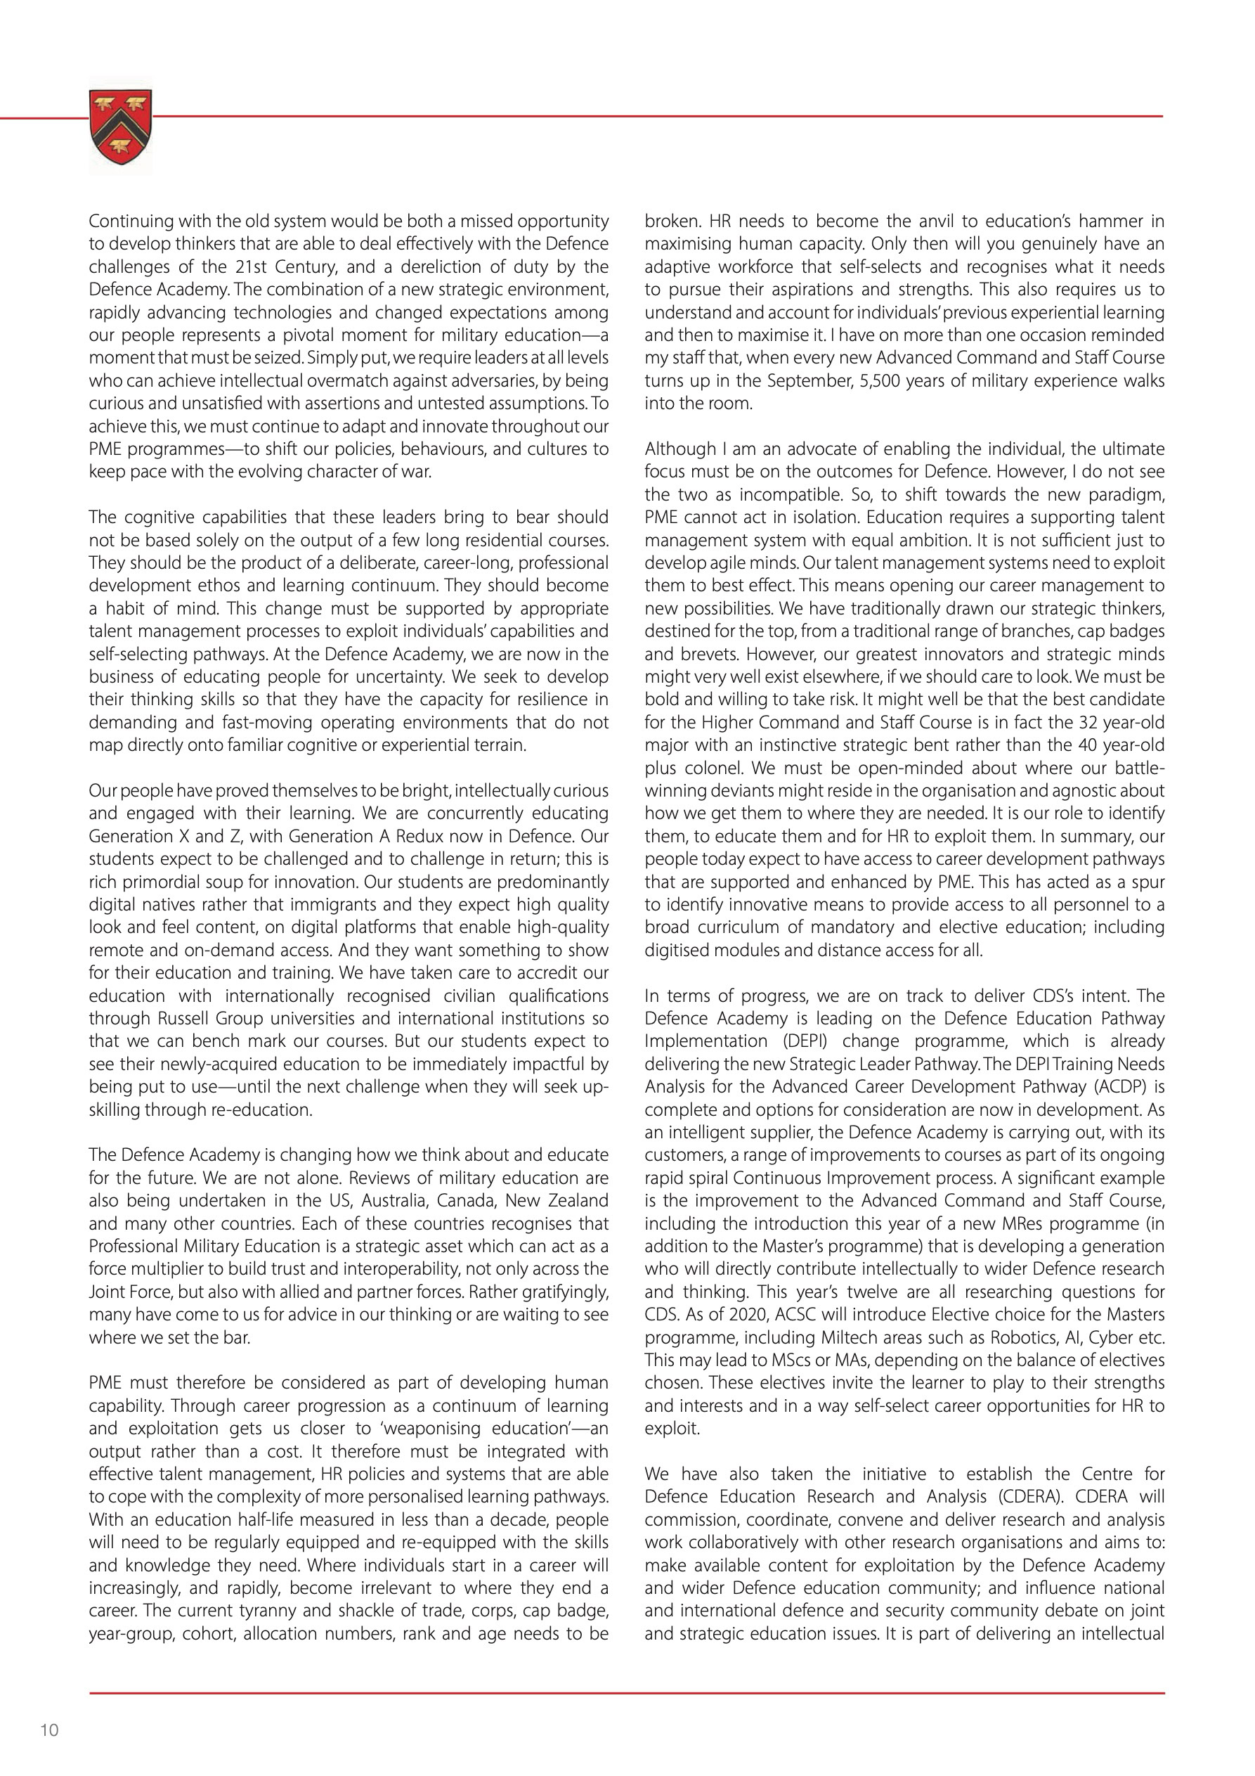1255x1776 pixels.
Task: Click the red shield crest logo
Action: (121, 126)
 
